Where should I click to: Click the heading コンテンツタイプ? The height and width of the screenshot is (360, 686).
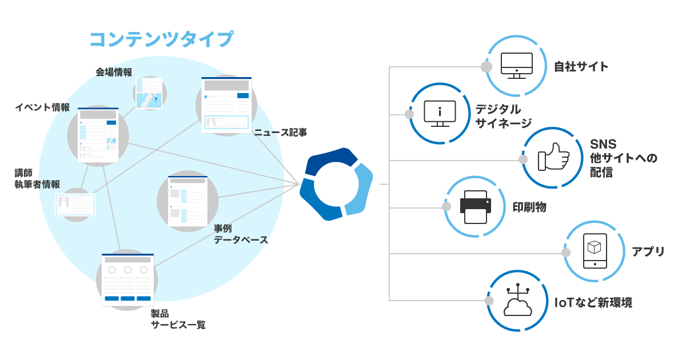pyautogui.click(x=161, y=39)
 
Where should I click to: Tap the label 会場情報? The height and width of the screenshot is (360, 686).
pyautogui.click(x=114, y=72)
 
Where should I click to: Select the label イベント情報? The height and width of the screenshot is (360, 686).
pyautogui.click(x=42, y=107)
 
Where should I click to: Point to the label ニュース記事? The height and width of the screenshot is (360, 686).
pyautogui.click(x=281, y=133)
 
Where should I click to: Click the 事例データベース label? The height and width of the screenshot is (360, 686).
pyautogui.click(x=241, y=234)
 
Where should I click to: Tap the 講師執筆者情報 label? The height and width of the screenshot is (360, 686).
pyautogui.click(x=37, y=178)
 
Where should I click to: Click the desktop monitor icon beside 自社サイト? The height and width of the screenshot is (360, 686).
pyautogui.click(x=516, y=66)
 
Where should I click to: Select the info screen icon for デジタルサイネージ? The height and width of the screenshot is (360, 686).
pyautogui.click(x=440, y=113)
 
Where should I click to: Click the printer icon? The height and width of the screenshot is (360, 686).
pyautogui.click(x=475, y=207)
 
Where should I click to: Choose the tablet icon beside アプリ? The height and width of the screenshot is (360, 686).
pyautogui.click(x=595, y=250)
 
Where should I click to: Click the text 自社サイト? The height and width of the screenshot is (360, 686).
pyautogui.click(x=581, y=67)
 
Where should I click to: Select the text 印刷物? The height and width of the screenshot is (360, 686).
pyautogui.click(x=529, y=207)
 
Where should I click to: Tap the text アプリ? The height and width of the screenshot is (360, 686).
pyautogui.click(x=648, y=251)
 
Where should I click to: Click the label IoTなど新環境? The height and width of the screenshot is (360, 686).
pyautogui.click(x=593, y=303)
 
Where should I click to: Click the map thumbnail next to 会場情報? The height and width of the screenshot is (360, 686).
pyautogui.click(x=148, y=92)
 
